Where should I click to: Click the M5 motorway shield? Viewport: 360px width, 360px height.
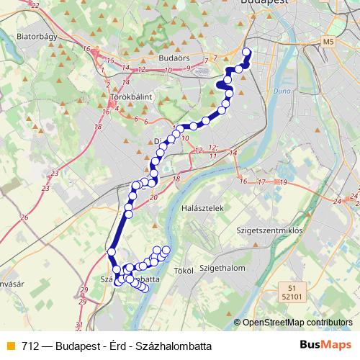click(330, 42)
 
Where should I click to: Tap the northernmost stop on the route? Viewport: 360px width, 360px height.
click(247, 52)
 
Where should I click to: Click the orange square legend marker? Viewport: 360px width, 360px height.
click(10, 344)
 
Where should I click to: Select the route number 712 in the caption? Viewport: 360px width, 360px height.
click(30, 344)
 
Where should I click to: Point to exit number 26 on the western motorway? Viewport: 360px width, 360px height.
click(24, 217)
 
